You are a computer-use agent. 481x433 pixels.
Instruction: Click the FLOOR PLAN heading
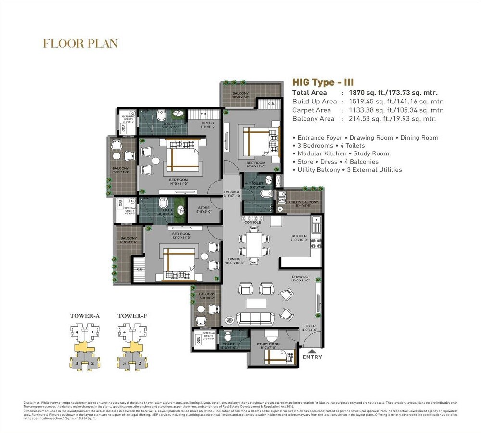[80, 44]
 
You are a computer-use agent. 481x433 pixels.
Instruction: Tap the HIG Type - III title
[323, 83]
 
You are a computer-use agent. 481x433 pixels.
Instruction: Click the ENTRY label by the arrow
[312, 357]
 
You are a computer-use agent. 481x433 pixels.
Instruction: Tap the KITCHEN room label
[299, 236]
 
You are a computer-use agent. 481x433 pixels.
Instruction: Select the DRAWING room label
[300, 277]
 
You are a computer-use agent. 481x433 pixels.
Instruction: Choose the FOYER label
[309, 326]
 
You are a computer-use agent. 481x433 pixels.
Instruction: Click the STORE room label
[203, 208]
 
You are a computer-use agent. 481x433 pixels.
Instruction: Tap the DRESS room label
[208, 123]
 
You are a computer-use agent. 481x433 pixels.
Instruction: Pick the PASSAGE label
[232, 192]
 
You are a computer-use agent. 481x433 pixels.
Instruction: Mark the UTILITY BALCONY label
[303, 202]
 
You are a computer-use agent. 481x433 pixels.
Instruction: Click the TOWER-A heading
[85, 316]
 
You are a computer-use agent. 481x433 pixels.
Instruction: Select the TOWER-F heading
[132, 316]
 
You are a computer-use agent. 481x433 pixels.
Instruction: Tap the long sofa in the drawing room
[253, 319]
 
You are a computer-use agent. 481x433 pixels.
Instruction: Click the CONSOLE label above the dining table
[253, 223]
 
